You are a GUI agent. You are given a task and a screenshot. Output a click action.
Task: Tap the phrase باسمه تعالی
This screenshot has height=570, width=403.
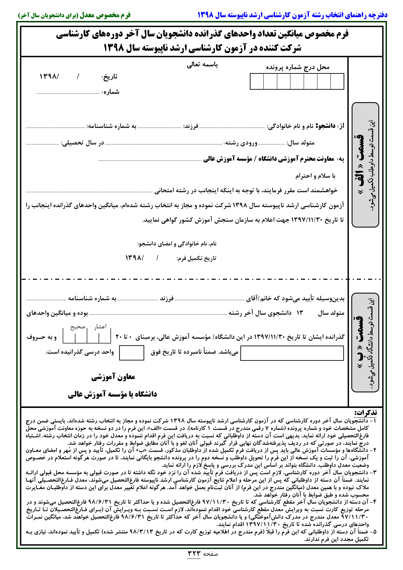tap(202, 65)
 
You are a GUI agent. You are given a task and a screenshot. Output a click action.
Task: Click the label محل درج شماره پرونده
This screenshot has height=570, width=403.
tap(298, 67)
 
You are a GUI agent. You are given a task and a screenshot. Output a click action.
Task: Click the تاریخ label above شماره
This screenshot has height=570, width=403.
tap(109, 77)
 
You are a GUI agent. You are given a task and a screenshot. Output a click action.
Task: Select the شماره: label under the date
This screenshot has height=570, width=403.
tap(110, 92)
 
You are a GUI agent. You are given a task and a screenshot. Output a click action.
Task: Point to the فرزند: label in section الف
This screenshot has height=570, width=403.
tap(191, 126)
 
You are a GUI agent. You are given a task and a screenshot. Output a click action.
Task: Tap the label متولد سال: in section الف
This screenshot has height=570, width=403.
tap(301, 143)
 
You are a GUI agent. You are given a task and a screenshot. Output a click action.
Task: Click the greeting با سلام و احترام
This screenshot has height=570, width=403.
tap(315, 176)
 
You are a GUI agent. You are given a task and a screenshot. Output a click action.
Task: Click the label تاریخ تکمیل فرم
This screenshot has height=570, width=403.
tap(196, 258)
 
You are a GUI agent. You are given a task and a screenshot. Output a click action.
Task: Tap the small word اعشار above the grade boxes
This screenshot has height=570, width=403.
tap(100, 327)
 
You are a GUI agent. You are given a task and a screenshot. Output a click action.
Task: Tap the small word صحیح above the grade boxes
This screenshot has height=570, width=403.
tap(78, 327)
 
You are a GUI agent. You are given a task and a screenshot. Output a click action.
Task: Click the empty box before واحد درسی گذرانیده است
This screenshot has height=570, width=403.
tap(131, 353)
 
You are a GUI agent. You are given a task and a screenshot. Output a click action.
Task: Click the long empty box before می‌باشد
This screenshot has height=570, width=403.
tap(292, 353)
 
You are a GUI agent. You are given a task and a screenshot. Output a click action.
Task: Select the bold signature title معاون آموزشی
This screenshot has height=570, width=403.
tap(113, 377)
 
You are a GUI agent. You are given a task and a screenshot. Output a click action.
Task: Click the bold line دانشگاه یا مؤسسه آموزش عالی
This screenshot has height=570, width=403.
tap(113, 394)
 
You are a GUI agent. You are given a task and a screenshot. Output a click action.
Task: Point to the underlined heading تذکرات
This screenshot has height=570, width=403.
tap(366, 413)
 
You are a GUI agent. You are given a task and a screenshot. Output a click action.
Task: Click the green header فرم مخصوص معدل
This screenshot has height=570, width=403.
tap(105, 15)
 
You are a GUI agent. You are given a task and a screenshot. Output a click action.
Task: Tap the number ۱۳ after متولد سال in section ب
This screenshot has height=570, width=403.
tap(300, 313)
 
